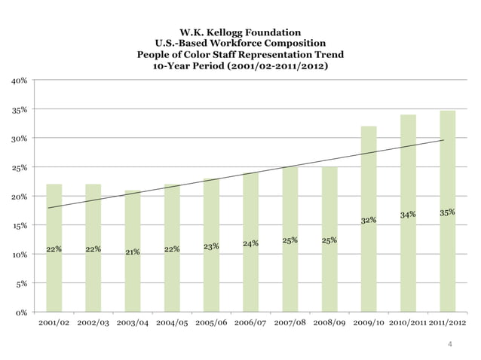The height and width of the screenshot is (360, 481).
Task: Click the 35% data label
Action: pyautogui.click(x=447, y=212)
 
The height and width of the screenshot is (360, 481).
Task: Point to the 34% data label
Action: pyautogui.click(x=408, y=215)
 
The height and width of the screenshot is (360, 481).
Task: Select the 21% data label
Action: pyautogui.click(x=133, y=252)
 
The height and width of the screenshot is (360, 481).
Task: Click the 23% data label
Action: pyautogui.click(x=211, y=246)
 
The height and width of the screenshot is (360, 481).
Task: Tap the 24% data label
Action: pyautogui.click(x=250, y=243)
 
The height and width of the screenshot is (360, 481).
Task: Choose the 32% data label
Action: pyautogui.click(x=369, y=221)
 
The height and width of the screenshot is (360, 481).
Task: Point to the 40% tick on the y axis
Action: pyautogui.click(x=20, y=80)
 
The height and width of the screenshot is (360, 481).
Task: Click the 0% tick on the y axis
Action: pyautogui.click(x=22, y=312)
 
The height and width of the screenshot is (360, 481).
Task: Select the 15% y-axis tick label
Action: pyautogui.click(x=20, y=225)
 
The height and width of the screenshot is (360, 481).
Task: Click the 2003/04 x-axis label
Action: pyautogui.click(x=133, y=324)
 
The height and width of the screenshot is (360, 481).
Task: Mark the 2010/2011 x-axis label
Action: pyautogui.click(x=407, y=324)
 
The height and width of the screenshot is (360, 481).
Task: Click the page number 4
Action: pyautogui.click(x=450, y=345)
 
